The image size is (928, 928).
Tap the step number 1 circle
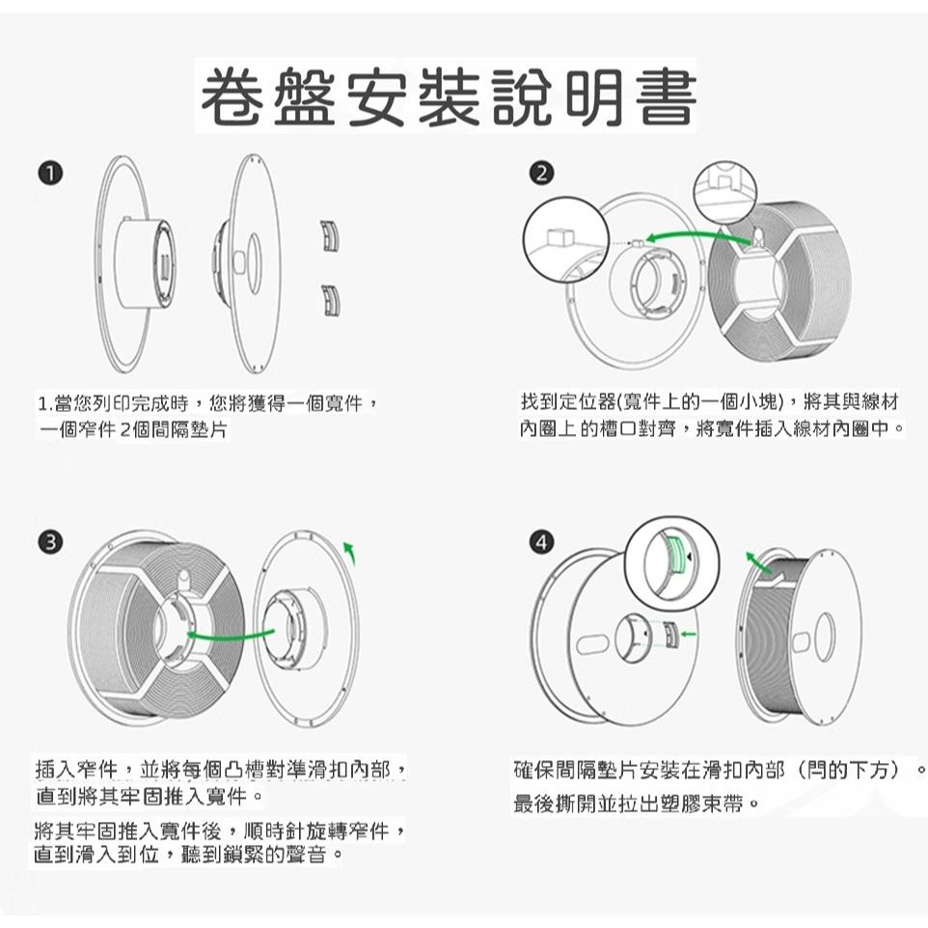47,173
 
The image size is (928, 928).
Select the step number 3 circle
47,541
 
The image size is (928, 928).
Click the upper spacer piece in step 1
331,235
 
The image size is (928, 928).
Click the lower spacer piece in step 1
331,299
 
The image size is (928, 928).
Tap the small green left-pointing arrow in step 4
688,634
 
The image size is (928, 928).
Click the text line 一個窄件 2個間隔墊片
132,429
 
